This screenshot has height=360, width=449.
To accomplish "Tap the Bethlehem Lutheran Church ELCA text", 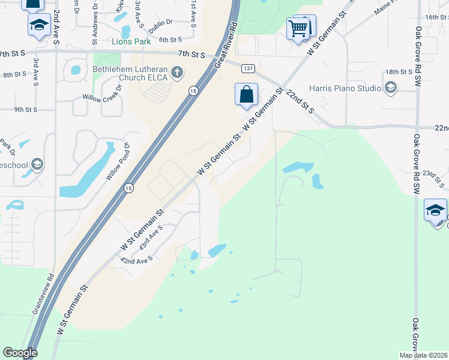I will (x=128, y=73).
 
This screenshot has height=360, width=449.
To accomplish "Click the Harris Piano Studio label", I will (x=345, y=89).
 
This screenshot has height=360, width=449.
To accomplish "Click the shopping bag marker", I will (x=246, y=94).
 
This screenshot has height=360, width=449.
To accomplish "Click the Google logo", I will (x=20, y=353).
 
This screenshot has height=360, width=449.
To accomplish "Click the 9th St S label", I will (x=26, y=110).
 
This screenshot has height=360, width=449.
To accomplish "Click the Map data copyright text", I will (x=423, y=355).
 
